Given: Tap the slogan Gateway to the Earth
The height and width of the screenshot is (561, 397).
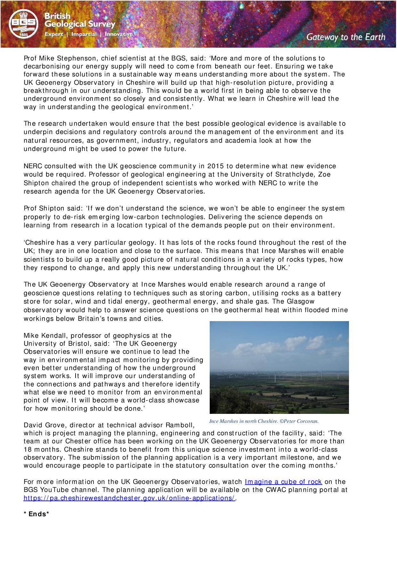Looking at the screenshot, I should (346, 37).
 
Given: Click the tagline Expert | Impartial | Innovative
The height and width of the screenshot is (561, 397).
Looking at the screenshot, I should (88, 34).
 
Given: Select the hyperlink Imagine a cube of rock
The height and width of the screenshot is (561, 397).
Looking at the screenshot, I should (283, 482).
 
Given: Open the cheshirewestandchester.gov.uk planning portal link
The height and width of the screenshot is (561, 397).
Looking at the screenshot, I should (129, 498).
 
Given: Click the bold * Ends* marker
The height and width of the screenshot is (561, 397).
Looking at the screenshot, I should (36, 514).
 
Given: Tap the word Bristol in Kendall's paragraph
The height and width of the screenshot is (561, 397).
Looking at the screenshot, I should (78, 344).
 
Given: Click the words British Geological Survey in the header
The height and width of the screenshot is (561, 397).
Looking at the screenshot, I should (79, 20).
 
